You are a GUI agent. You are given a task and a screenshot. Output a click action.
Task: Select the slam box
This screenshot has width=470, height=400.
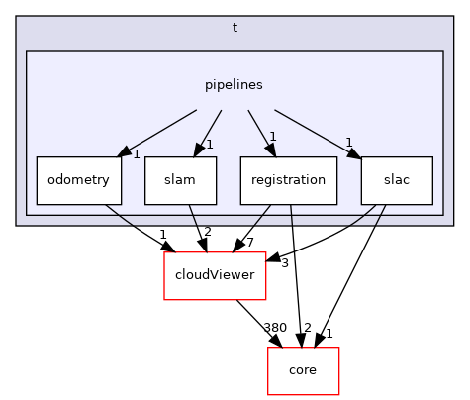pos(180,180)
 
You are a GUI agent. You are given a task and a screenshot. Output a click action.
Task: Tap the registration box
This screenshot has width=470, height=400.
pos(288,180)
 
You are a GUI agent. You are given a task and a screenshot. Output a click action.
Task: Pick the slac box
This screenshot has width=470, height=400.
pos(396,180)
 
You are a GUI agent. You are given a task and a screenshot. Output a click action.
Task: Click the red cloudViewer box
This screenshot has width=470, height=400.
pos(215,276)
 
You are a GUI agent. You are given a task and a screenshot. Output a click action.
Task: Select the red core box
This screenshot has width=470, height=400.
pos(303,370)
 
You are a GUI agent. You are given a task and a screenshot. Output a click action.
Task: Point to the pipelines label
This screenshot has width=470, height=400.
pos(235,85)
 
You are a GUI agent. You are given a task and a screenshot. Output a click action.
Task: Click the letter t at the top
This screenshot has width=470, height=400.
pos(235,28)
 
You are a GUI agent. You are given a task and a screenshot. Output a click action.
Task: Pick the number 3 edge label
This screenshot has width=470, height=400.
pos(284,262)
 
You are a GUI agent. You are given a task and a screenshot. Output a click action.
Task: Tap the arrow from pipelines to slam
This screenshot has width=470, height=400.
pos(210,130)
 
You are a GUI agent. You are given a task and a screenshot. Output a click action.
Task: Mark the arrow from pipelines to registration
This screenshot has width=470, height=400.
pos(259,130)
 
